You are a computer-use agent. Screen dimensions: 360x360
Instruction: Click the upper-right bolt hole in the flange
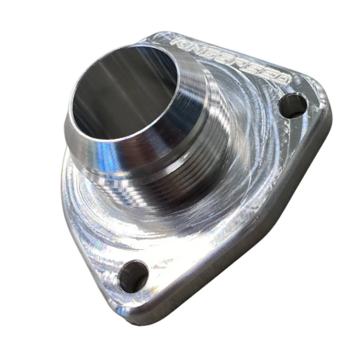292,106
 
